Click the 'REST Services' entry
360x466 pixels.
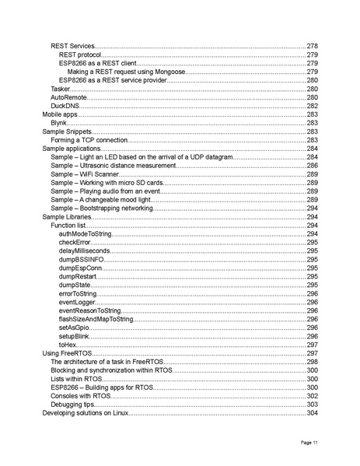tap(72, 47)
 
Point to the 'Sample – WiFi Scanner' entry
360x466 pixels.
tap(85, 174)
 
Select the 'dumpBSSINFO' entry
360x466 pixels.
tap(81, 260)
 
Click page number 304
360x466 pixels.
tap(312, 413)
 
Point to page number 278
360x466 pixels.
tap(312, 47)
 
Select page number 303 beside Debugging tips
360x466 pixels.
tap(312, 405)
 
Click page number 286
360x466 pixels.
tap(312, 166)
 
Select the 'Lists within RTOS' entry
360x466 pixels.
tap(79, 379)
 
